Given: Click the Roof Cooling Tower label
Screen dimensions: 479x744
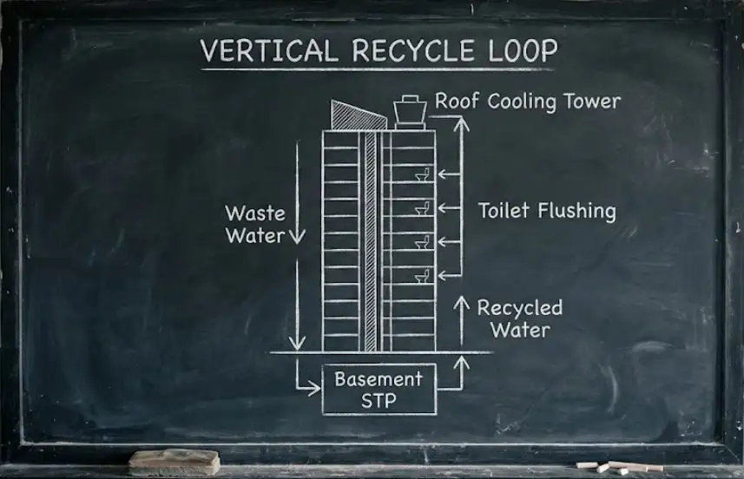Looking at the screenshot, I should click(x=528, y=102).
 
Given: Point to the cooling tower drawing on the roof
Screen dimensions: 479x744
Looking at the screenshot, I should click(x=409, y=112).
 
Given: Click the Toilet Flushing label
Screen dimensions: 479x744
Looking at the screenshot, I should click(x=547, y=211).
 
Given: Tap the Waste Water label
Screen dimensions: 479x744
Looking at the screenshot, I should click(x=254, y=224).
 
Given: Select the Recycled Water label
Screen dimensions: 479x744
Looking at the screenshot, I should click(x=519, y=318).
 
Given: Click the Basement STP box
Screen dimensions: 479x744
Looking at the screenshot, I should click(x=379, y=390).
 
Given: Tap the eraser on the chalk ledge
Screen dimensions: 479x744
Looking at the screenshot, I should click(x=174, y=461).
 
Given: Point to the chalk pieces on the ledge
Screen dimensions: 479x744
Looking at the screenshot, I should click(x=620, y=467).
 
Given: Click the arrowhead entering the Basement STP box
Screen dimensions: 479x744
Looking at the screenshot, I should click(x=314, y=390).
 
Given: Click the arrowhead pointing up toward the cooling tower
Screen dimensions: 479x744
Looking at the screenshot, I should click(x=462, y=123).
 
